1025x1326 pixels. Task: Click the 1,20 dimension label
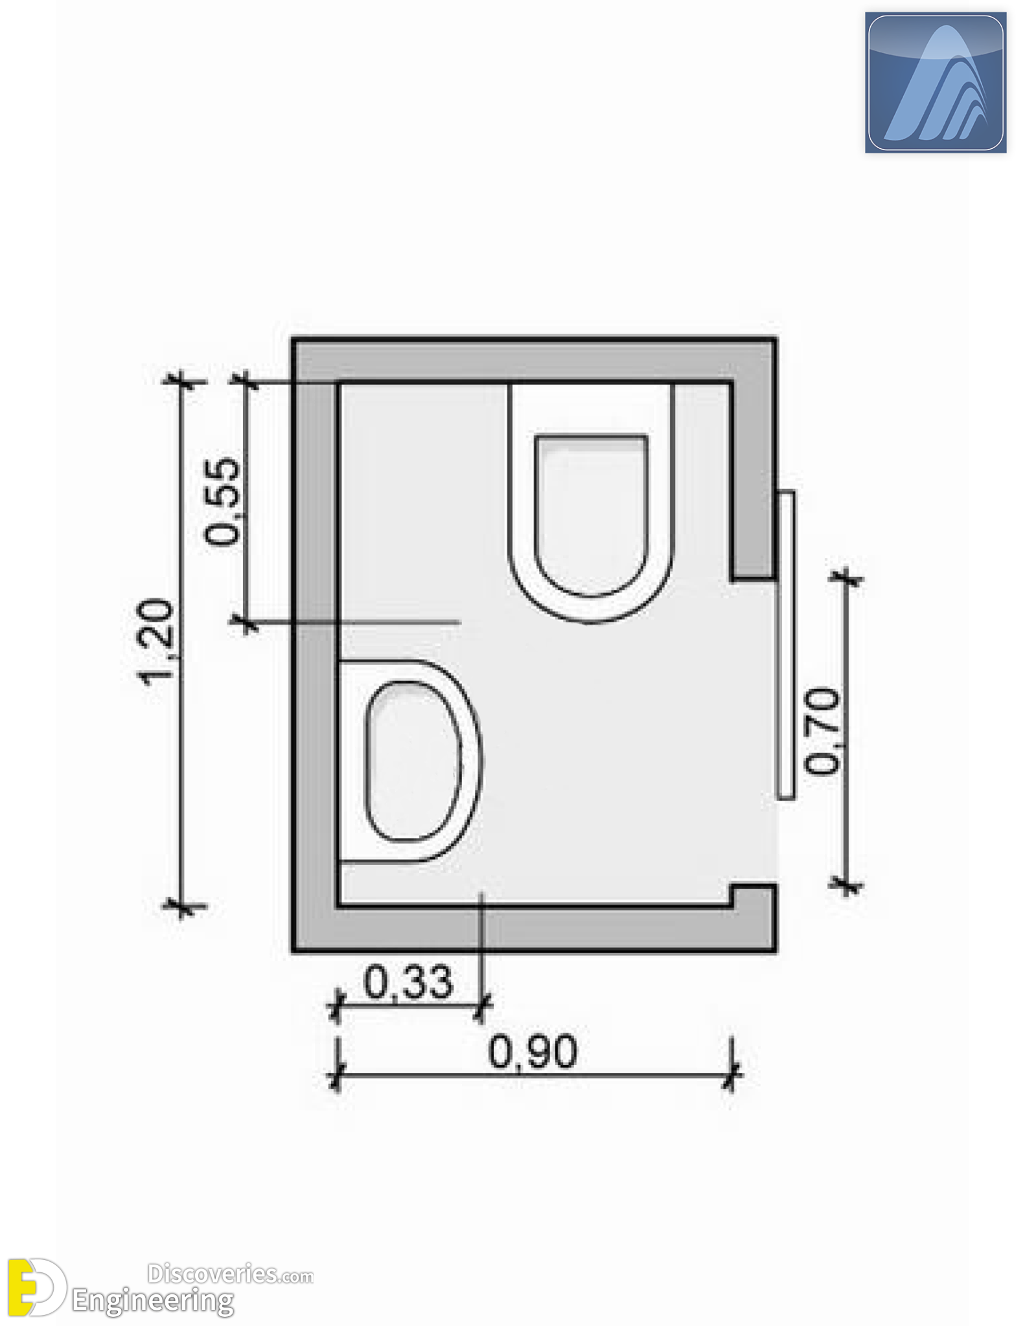tap(157, 640)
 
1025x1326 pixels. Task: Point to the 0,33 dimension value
tap(408, 982)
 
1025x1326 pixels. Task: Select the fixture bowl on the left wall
tap(410, 761)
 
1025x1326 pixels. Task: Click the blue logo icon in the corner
tap(936, 83)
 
